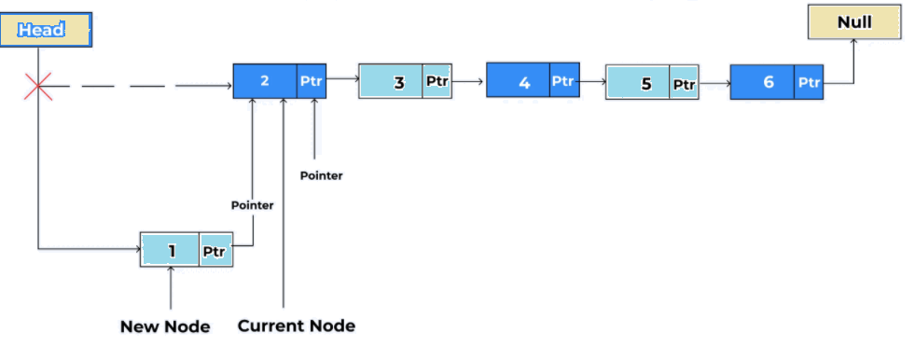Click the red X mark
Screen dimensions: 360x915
pyautogui.click(x=37, y=88)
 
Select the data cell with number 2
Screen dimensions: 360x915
pyautogui.click(x=265, y=81)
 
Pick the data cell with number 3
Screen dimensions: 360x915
pyautogui.click(x=391, y=82)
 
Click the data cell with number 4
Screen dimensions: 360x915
pyautogui.click(x=519, y=82)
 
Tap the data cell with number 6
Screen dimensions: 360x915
pyautogui.click(x=763, y=83)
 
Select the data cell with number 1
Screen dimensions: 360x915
pyautogui.click(x=171, y=250)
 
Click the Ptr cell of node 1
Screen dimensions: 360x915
pyautogui.click(x=216, y=250)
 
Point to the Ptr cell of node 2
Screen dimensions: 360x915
pyautogui.click(x=312, y=81)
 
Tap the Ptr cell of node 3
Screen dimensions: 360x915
pyautogui.click(x=437, y=82)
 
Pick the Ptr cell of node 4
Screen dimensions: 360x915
pyautogui.click(x=563, y=82)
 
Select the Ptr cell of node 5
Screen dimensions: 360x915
pyautogui.click(x=684, y=84)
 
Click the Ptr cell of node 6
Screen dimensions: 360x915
pyautogui.click(x=809, y=83)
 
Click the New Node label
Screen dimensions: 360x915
pyautogui.click(x=165, y=326)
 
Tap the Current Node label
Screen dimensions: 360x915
pyautogui.click(x=296, y=326)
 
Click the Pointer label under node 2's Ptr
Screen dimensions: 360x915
pyautogui.click(x=321, y=175)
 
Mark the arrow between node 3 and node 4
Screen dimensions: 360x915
pyautogui.click(x=468, y=82)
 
